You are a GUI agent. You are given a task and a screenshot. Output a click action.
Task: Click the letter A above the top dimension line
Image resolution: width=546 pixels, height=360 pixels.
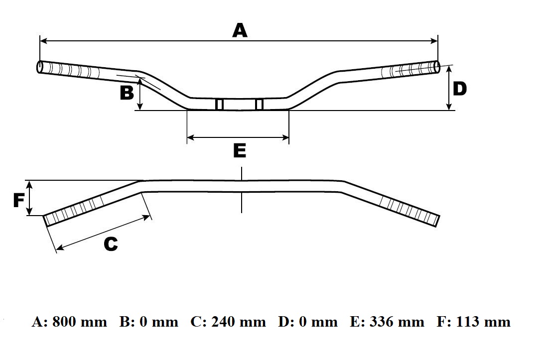click(240, 31)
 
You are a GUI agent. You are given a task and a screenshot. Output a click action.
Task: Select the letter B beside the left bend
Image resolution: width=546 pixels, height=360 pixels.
click(127, 93)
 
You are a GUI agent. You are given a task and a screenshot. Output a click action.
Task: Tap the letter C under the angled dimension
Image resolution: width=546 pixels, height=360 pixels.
click(110, 244)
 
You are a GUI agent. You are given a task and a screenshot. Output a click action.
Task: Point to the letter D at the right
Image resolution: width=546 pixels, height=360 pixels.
click(459, 89)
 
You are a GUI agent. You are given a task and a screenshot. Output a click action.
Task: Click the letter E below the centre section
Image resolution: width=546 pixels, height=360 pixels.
click(240, 150)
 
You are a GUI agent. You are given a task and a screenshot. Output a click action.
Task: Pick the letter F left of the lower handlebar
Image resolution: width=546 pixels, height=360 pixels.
click(18, 200)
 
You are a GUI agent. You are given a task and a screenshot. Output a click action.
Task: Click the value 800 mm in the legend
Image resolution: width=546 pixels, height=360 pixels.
click(79, 322)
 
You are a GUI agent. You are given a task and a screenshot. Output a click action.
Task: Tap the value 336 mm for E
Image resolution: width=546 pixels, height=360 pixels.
click(397, 322)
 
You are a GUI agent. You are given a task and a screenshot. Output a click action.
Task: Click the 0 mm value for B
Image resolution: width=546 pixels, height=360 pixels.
click(158, 322)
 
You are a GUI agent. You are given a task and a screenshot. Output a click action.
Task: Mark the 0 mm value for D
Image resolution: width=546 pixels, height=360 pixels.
click(318, 322)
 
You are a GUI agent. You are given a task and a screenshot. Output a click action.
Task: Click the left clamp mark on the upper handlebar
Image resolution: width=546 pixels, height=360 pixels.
click(219, 105)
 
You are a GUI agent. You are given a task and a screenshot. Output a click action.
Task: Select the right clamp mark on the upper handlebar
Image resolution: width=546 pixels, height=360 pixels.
click(259, 105)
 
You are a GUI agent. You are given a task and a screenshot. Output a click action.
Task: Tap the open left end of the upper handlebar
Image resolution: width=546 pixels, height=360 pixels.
click(39, 67)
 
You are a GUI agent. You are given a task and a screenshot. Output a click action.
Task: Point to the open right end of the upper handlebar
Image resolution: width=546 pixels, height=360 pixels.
click(437, 68)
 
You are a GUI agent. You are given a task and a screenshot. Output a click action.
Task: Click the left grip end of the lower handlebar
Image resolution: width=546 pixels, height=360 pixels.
click(47, 220)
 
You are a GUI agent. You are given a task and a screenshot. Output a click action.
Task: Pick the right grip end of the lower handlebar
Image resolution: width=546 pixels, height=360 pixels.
click(435, 221)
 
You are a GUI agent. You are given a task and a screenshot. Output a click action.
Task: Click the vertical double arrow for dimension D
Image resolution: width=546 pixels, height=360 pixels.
click(449, 88)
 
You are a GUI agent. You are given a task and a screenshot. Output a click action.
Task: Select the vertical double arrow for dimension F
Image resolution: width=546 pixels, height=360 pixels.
click(30, 198)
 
